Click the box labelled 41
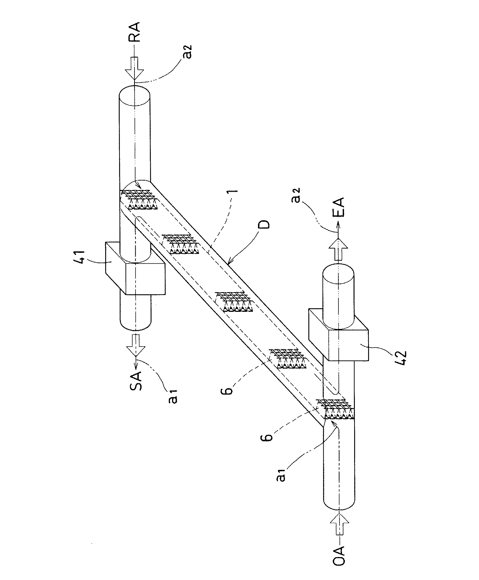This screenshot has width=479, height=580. pos(136,268)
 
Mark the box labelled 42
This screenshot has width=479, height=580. pos(338,335)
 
